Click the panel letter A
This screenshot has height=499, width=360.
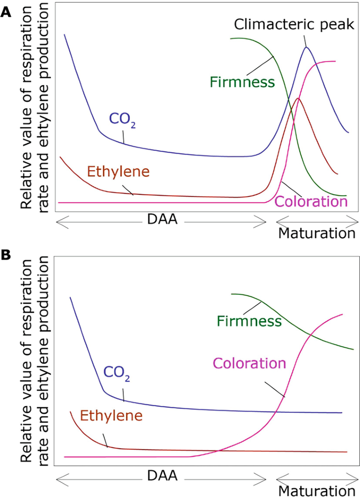pyautogui.click(x=6, y=13)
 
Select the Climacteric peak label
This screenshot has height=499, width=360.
pyautogui.click(x=294, y=25)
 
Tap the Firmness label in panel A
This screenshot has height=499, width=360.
pyautogui.click(x=242, y=82)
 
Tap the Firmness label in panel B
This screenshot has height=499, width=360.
pyautogui.click(x=249, y=320)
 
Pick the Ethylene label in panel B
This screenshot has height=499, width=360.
pyautogui.click(x=111, y=416)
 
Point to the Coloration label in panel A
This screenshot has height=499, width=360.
pyautogui.click(x=310, y=202)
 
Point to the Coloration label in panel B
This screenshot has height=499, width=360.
pyautogui.click(x=249, y=363)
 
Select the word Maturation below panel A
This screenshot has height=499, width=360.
pyautogui.click(x=316, y=233)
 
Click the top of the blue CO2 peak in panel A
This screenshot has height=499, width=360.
pyautogui.click(x=306, y=47)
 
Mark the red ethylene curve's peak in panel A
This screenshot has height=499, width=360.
pyautogui.click(x=298, y=98)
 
